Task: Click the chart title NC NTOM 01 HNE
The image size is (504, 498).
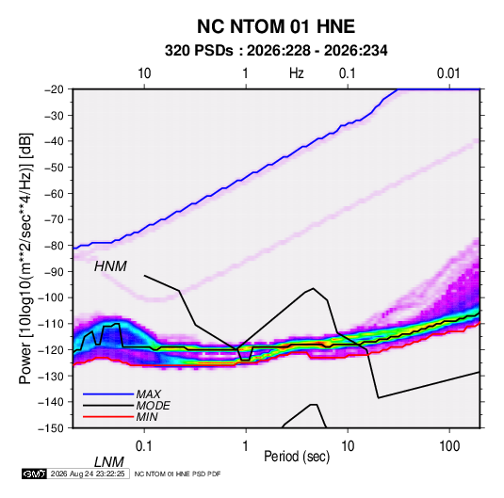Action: coord(276,26)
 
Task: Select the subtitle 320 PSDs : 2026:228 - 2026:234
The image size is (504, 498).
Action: coord(276,51)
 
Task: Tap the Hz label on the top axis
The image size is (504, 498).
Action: coord(297,73)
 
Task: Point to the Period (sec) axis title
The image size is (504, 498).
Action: coord(297,457)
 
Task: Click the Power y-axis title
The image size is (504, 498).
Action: coord(25,259)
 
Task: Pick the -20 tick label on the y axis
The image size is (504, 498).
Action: coord(54,89)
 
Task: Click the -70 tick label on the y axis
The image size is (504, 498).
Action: coord(54,219)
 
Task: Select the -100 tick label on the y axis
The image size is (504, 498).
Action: coord(51,297)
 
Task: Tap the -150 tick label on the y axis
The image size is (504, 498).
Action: coord(51,428)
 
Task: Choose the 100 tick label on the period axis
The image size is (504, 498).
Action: coord(449,446)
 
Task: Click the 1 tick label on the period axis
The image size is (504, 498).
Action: coord(246,446)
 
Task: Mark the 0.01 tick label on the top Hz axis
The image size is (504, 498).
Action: coord(448,73)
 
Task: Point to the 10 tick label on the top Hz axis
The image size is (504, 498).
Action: coord(144,73)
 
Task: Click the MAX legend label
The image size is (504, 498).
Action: coord(148,394)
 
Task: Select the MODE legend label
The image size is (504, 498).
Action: coord(153,406)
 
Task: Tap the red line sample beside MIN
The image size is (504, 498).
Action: coord(108,417)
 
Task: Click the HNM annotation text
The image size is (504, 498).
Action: coord(110,266)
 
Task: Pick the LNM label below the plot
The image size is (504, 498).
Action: coord(109,462)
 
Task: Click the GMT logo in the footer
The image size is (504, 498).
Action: coord(34,474)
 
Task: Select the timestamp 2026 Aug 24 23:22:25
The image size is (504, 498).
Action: coord(88,474)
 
